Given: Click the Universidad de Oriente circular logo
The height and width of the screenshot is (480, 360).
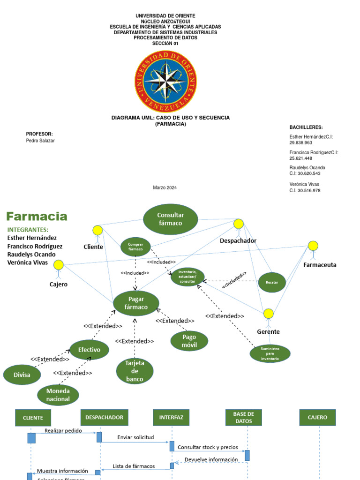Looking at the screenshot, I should pos(165,81).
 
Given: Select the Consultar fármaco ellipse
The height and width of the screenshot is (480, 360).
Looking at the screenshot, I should pos(171,219).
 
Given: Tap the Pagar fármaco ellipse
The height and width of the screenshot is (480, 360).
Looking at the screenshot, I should pos(136,303).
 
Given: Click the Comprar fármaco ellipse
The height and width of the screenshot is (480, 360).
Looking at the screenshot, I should pos(135,247).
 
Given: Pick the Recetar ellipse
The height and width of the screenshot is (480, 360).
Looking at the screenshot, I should pos(272,283).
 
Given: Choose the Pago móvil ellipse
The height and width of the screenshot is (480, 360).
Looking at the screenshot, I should pos(189,341).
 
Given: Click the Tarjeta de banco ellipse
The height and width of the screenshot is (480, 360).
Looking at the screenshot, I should pos(135,371).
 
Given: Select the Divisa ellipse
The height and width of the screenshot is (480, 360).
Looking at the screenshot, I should pos(22,375).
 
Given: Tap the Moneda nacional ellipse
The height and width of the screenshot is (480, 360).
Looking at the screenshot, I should pos(58,395).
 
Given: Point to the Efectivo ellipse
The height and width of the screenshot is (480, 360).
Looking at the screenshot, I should pos(89,350).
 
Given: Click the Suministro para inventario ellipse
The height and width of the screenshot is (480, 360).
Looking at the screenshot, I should pos(270,353).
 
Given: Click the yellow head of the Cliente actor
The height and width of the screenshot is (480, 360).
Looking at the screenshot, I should pos(97,230).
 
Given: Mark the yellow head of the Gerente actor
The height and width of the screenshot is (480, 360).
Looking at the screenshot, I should pos(268,314).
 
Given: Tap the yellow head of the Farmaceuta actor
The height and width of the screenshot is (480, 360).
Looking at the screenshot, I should pos(313,246).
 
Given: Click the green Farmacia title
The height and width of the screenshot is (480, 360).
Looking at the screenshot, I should pos(37,217).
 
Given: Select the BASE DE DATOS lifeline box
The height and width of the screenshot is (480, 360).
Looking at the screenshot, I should pos(243,417).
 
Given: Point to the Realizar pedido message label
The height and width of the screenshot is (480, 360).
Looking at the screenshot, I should pos(63,430).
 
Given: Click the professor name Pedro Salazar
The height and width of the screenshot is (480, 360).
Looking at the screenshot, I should pos(40,141).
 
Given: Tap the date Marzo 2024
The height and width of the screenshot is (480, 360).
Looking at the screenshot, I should pos(165,187).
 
